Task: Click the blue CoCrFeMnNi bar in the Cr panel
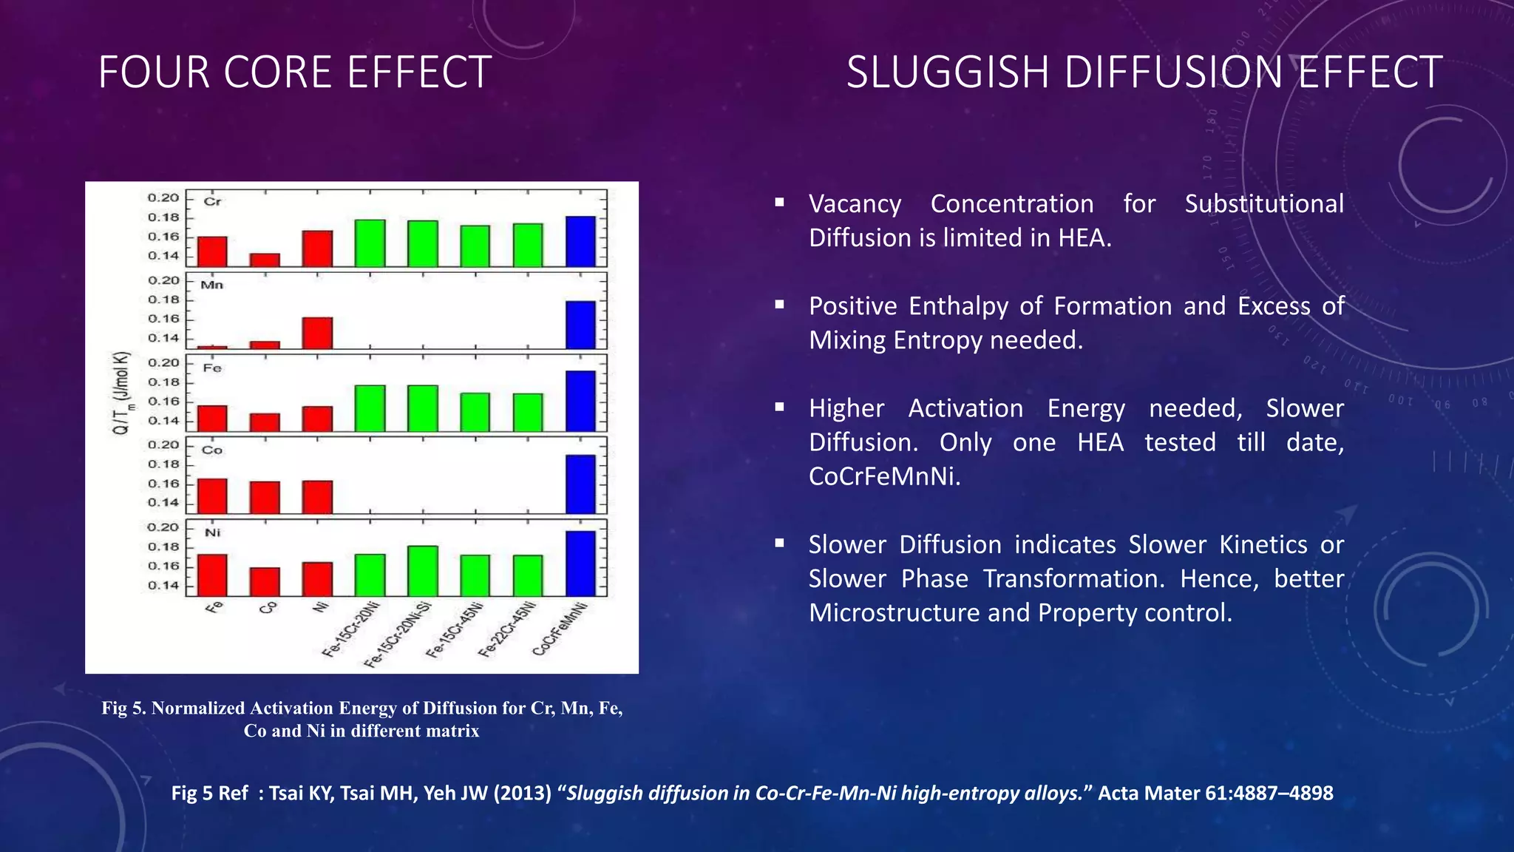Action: click(x=580, y=241)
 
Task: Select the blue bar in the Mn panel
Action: click(x=580, y=325)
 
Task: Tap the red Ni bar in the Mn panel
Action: click(x=317, y=333)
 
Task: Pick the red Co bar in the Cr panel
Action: click(x=265, y=260)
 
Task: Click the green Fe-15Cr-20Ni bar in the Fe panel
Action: click(x=370, y=408)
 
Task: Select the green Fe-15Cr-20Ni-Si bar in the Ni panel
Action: click(x=422, y=571)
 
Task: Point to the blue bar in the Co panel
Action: click(x=580, y=484)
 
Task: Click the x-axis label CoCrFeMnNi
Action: click(x=560, y=629)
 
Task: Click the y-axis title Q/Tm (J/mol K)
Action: click(x=122, y=393)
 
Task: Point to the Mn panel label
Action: click(x=211, y=285)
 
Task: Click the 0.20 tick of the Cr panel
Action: click(x=163, y=197)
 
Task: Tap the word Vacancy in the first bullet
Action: click(x=855, y=203)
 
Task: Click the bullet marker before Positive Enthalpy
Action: click(x=779, y=304)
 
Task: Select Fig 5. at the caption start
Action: click(x=123, y=708)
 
